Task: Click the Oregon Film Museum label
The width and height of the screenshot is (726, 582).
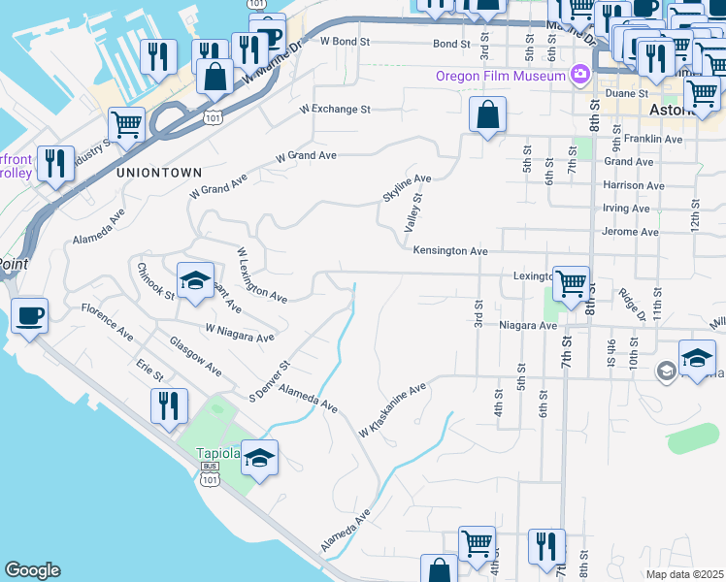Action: pyautogui.click(x=500, y=76)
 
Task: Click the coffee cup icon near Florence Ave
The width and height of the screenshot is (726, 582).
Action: pyautogui.click(x=29, y=315)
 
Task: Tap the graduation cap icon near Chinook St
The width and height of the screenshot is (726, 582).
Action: pyautogui.click(x=195, y=281)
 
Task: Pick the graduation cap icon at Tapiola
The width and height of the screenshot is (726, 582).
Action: pyautogui.click(x=259, y=458)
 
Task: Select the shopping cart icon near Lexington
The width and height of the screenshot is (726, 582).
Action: pyautogui.click(x=571, y=283)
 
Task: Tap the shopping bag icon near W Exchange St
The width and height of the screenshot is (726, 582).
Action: pyautogui.click(x=487, y=114)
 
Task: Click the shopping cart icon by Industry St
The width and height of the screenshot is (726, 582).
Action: pyautogui.click(x=126, y=124)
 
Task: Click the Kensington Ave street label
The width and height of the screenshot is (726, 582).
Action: pyautogui.click(x=450, y=250)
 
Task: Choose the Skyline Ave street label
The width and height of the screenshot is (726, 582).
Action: pyautogui.click(x=406, y=188)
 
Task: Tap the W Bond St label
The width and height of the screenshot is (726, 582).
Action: pyautogui.click(x=346, y=43)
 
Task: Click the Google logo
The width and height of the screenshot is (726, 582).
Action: pyautogui.click(x=32, y=570)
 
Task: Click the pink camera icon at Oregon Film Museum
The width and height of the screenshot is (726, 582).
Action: pyautogui.click(x=580, y=74)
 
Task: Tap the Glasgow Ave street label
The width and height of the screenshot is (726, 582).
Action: pyautogui.click(x=195, y=358)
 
